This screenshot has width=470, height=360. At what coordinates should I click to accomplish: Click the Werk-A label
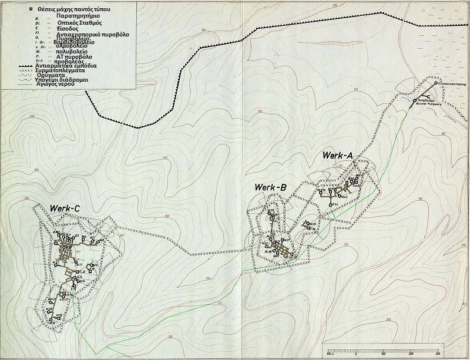pyautogui.click(x=337, y=155)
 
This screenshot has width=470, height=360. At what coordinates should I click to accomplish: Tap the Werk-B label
pyautogui.click(x=270, y=187)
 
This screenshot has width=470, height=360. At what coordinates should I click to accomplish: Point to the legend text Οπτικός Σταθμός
pyautogui.click(x=70, y=24)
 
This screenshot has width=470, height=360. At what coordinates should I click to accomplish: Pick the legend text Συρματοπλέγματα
pyautogui.click(x=76, y=70)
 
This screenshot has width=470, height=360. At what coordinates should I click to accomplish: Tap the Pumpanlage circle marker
pyautogui.click(x=414, y=100)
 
